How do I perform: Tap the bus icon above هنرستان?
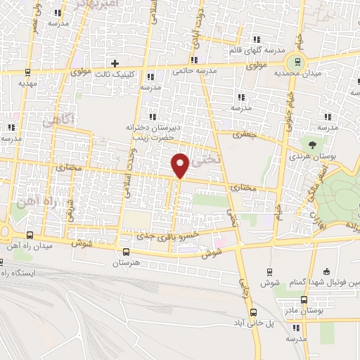click(x=126, y=252)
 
